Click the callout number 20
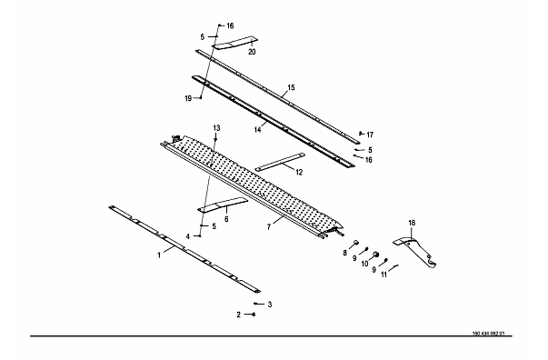click(x=252, y=52)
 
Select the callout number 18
click(x=412, y=223)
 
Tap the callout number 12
click(x=299, y=173)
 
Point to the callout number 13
click(x=216, y=128)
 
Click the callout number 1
click(x=159, y=255)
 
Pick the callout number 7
click(x=269, y=227)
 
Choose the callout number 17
click(x=370, y=135)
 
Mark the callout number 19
click(x=188, y=98)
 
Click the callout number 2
click(x=239, y=315)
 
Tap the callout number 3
click(x=270, y=305)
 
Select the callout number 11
click(x=384, y=275)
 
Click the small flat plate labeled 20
click(x=234, y=43)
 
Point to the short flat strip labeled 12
click(x=280, y=162)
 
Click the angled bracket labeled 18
click(x=418, y=252)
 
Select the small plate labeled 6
click(x=223, y=205)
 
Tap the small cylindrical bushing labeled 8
click(x=356, y=242)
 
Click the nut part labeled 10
click(x=376, y=254)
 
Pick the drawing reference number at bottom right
click(x=489, y=334)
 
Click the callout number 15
click(x=291, y=87)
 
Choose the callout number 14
click(x=257, y=130)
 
